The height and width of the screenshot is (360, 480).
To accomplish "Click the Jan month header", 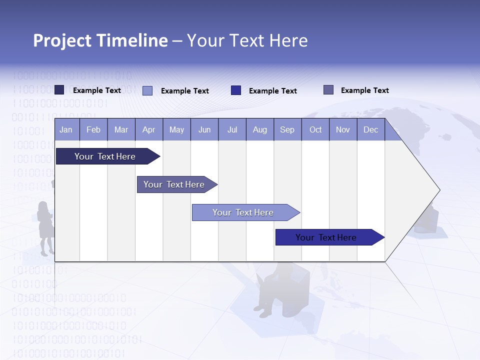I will coord(66,129).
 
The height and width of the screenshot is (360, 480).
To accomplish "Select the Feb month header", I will coord(93,129).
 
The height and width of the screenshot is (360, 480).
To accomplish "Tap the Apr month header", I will coord(149,129).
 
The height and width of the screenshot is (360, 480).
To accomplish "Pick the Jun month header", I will coord(204,129).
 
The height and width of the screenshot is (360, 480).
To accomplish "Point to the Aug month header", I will coord(260,129).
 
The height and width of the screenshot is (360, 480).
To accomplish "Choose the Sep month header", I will coord(287,129).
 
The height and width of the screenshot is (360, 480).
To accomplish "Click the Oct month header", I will coord(315,129).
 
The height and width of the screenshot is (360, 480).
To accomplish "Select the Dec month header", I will coord(371,129).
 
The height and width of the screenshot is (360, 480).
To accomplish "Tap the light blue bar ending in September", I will coord(244,212).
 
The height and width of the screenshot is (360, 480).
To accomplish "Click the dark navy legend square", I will coord(59,90).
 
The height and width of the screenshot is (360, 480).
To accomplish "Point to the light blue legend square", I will coord(147,90).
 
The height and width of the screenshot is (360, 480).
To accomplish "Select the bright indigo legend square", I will coord(236,90).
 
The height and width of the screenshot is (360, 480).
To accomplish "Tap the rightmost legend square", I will coord(328,90).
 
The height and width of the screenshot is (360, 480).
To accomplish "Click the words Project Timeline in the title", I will coord(100,40).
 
